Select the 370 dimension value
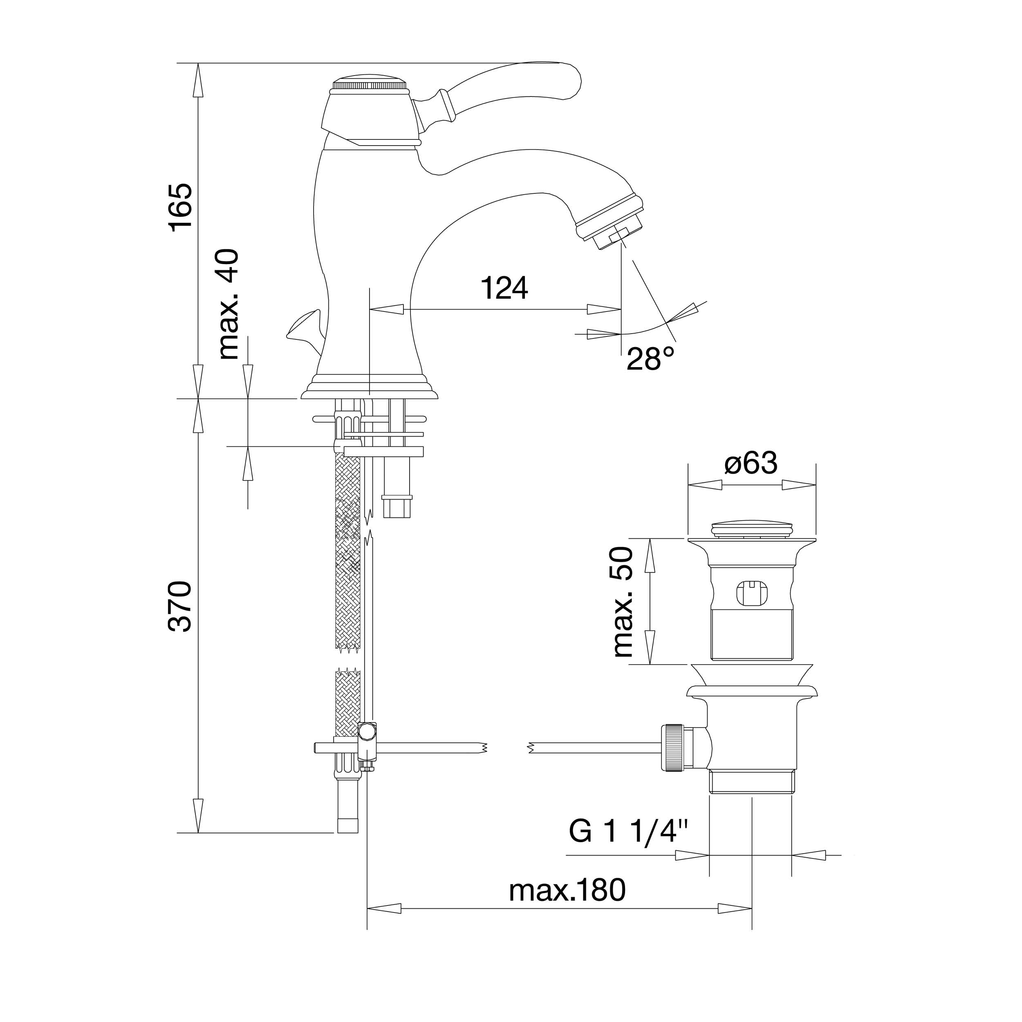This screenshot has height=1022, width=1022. (x=180, y=606)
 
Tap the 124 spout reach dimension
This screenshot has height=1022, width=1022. (x=504, y=288)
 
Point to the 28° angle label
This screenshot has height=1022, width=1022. (x=651, y=359)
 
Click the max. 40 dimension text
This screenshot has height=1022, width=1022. (x=229, y=304)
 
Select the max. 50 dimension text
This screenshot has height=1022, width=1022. (x=623, y=603)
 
